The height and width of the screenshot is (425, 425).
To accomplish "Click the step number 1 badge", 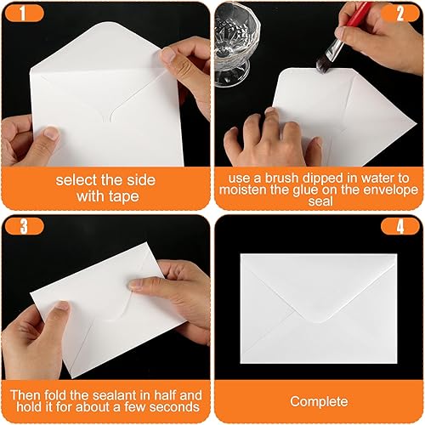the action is coord(25,14).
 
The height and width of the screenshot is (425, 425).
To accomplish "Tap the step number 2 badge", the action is coord(400,14).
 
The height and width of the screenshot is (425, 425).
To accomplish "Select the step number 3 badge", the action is coord(25,226).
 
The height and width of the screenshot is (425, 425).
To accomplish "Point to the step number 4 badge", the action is coord(400,226).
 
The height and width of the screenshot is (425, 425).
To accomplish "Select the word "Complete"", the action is coord(319,401).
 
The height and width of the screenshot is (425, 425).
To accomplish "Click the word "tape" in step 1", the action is coord(123,196).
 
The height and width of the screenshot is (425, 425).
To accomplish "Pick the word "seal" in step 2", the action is coord(320,201).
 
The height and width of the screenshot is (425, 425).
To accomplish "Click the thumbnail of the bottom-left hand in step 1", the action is coord(52,133).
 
